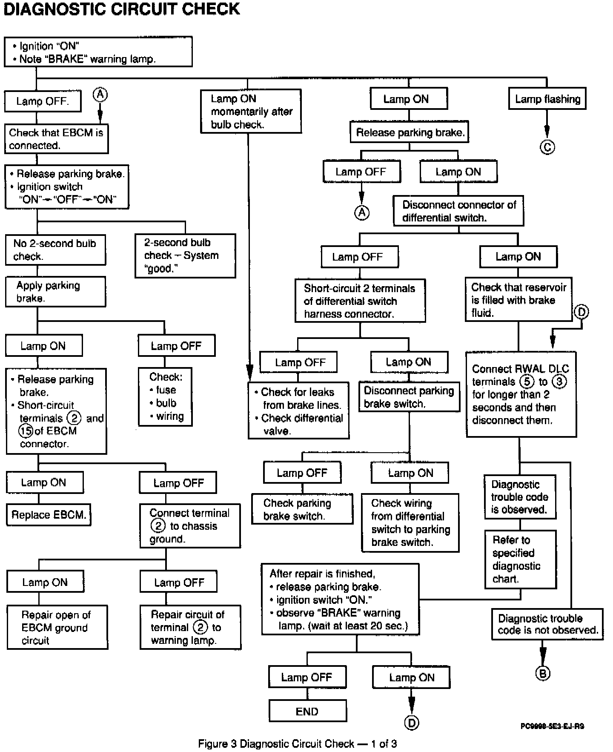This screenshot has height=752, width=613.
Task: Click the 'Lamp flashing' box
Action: point(547,99)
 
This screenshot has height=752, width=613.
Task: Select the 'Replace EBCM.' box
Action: point(49,515)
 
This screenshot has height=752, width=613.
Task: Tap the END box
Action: point(307,711)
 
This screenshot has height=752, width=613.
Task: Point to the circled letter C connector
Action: point(547,147)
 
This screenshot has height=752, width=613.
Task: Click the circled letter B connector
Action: point(542,673)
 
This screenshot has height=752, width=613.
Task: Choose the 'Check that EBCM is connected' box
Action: point(56,139)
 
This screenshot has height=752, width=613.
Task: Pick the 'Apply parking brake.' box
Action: point(55,292)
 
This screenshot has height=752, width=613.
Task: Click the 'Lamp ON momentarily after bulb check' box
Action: point(251,111)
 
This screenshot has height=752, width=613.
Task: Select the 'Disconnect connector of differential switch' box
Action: point(458,211)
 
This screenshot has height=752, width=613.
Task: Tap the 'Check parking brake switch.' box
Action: point(302,509)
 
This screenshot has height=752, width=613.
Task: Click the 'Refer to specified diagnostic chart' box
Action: point(520,559)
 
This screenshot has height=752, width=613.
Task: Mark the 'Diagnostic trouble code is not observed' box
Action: point(547,624)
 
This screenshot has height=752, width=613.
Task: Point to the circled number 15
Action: point(26,431)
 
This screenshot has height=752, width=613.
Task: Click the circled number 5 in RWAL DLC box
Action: point(527,382)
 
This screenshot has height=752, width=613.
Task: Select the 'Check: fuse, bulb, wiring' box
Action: point(165,396)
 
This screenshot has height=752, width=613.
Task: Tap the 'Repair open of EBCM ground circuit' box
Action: point(57,627)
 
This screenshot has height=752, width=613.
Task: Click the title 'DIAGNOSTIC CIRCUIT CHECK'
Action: point(122,9)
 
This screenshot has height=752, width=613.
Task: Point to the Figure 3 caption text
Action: point(297,743)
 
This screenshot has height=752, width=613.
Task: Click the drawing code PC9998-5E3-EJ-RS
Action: point(552,726)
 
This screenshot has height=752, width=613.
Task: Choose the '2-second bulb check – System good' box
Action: point(185,255)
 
